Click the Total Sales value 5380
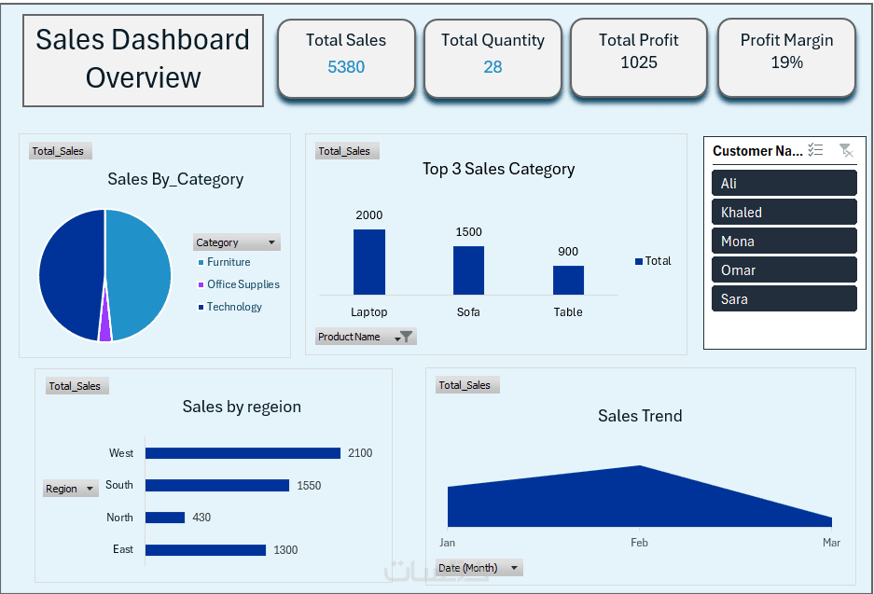(x=346, y=67)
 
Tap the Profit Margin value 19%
(x=786, y=62)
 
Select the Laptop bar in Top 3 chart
(x=368, y=262)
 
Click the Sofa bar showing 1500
(x=468, y=270)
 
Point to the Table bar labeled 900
(x=568, y=280)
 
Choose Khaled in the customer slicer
(x=784, y=212)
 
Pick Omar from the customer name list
(x=784, y=269)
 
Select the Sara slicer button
(x=784, y=298)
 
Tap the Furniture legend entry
(x=229, y=262)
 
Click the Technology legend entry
(x=234, y=307)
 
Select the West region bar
(x=243, y=453)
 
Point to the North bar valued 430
(x=165, y=518)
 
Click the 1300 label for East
(x=285, y=550)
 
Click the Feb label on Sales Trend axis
(x=639, y=543)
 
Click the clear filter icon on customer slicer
(x=845, y=150)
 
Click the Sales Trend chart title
(x=640, y=416)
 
